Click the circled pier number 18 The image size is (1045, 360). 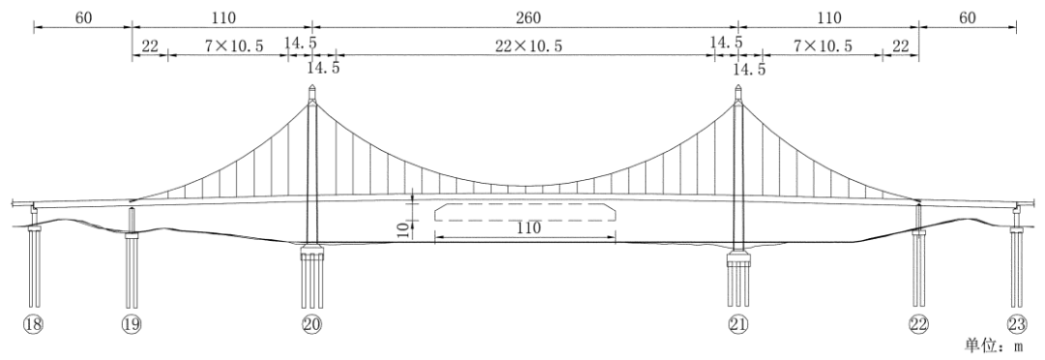pos(33,324)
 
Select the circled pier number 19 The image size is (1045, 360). pos(132,324)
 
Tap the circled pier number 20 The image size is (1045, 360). pos(312,324)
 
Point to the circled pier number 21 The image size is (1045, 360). pos(738,324)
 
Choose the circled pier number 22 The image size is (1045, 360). pos(918,324)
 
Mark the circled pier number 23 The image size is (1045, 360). pos(1017,324)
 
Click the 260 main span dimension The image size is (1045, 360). pos(527,17)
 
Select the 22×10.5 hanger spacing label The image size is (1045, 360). pos(527,45)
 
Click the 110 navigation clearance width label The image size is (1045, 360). pos(525,227)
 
